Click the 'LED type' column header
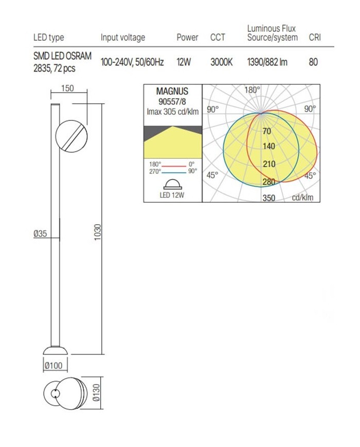click(48, 38)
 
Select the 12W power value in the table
click(184, 62)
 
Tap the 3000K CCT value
click(222, 62)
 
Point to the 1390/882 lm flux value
click(267, 62)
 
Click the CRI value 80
click(313, 62)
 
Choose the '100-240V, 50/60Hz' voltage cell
click(132, 62)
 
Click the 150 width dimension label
click(67, 88)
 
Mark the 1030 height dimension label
click(98, 232)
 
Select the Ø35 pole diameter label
click(40, 234)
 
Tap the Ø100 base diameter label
click(53, 365)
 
